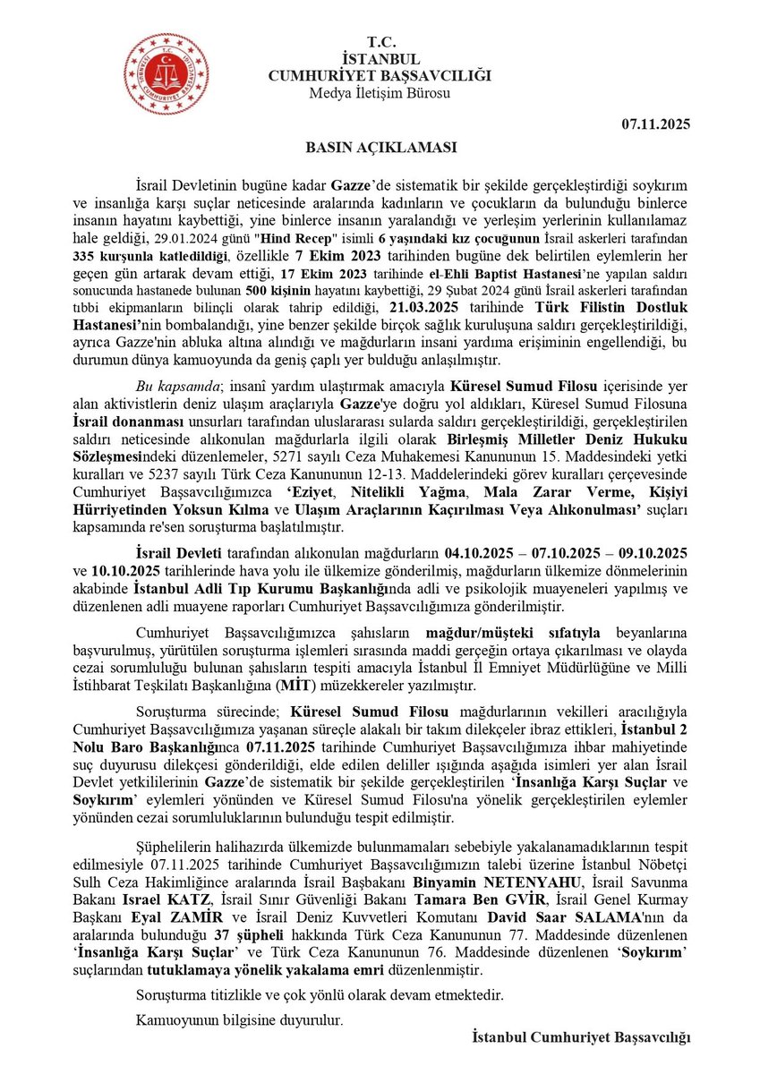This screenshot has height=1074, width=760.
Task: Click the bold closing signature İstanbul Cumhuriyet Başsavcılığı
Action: (x=582, y=1037)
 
